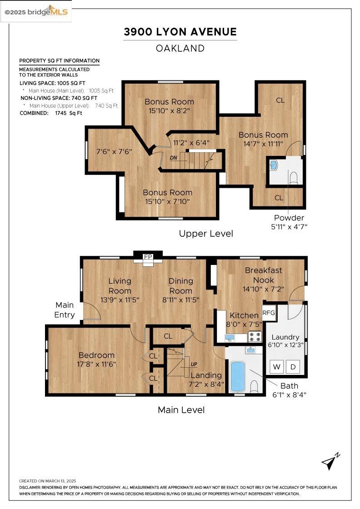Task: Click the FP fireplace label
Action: tap(148, 257)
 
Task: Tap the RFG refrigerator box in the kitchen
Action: tap(269, 313)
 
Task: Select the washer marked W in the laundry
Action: tap(276, 367)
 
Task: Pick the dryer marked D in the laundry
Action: tap(293, 367)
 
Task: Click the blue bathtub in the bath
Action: tap(237, 377)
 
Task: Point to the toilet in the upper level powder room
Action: tap(294, 178)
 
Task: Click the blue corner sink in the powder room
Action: tap(273, 165)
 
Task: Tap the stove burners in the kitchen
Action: tap(255, 336)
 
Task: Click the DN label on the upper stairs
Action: tap(174, 158)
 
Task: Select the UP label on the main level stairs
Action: tap(194, 364)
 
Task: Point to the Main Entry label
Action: tap(65, 310)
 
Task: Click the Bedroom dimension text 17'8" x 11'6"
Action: tap(96, 364)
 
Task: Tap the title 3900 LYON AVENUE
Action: tap(180, 32)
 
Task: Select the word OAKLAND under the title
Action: tap(180, 48)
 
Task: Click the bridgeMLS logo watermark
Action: tap(36, 12)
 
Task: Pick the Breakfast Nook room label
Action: tap(264, 275)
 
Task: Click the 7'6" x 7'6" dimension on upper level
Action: tap(114, 152)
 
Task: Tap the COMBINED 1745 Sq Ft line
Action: tap(50, 113)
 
